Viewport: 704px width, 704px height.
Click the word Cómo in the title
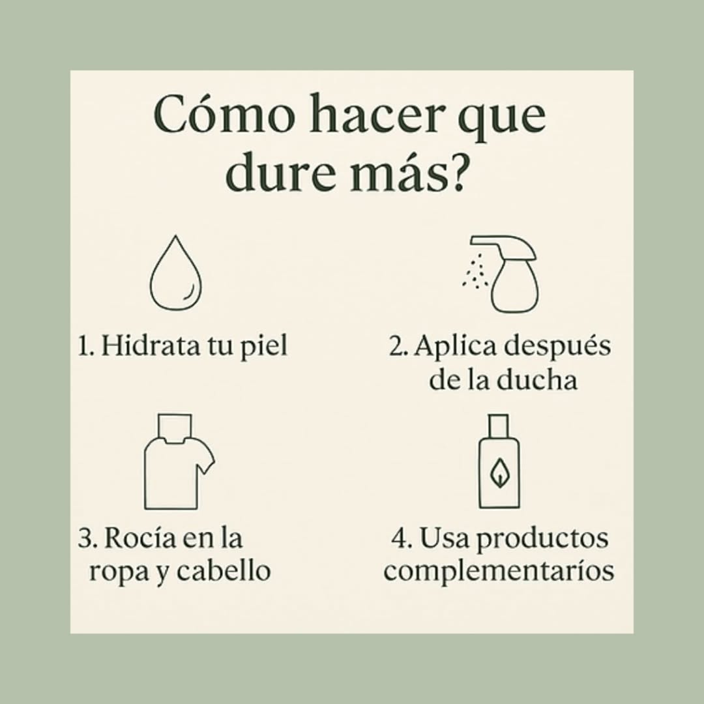point(224,113)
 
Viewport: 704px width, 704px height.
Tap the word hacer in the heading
point(375,113)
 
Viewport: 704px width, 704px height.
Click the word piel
point(263,347)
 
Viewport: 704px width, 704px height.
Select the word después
point(557,347)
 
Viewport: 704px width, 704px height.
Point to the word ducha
point(533,380)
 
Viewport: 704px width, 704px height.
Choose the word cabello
point(223,571)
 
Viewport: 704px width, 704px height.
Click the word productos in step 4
point(542,540)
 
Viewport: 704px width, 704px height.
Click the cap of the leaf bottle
point(499,425)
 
